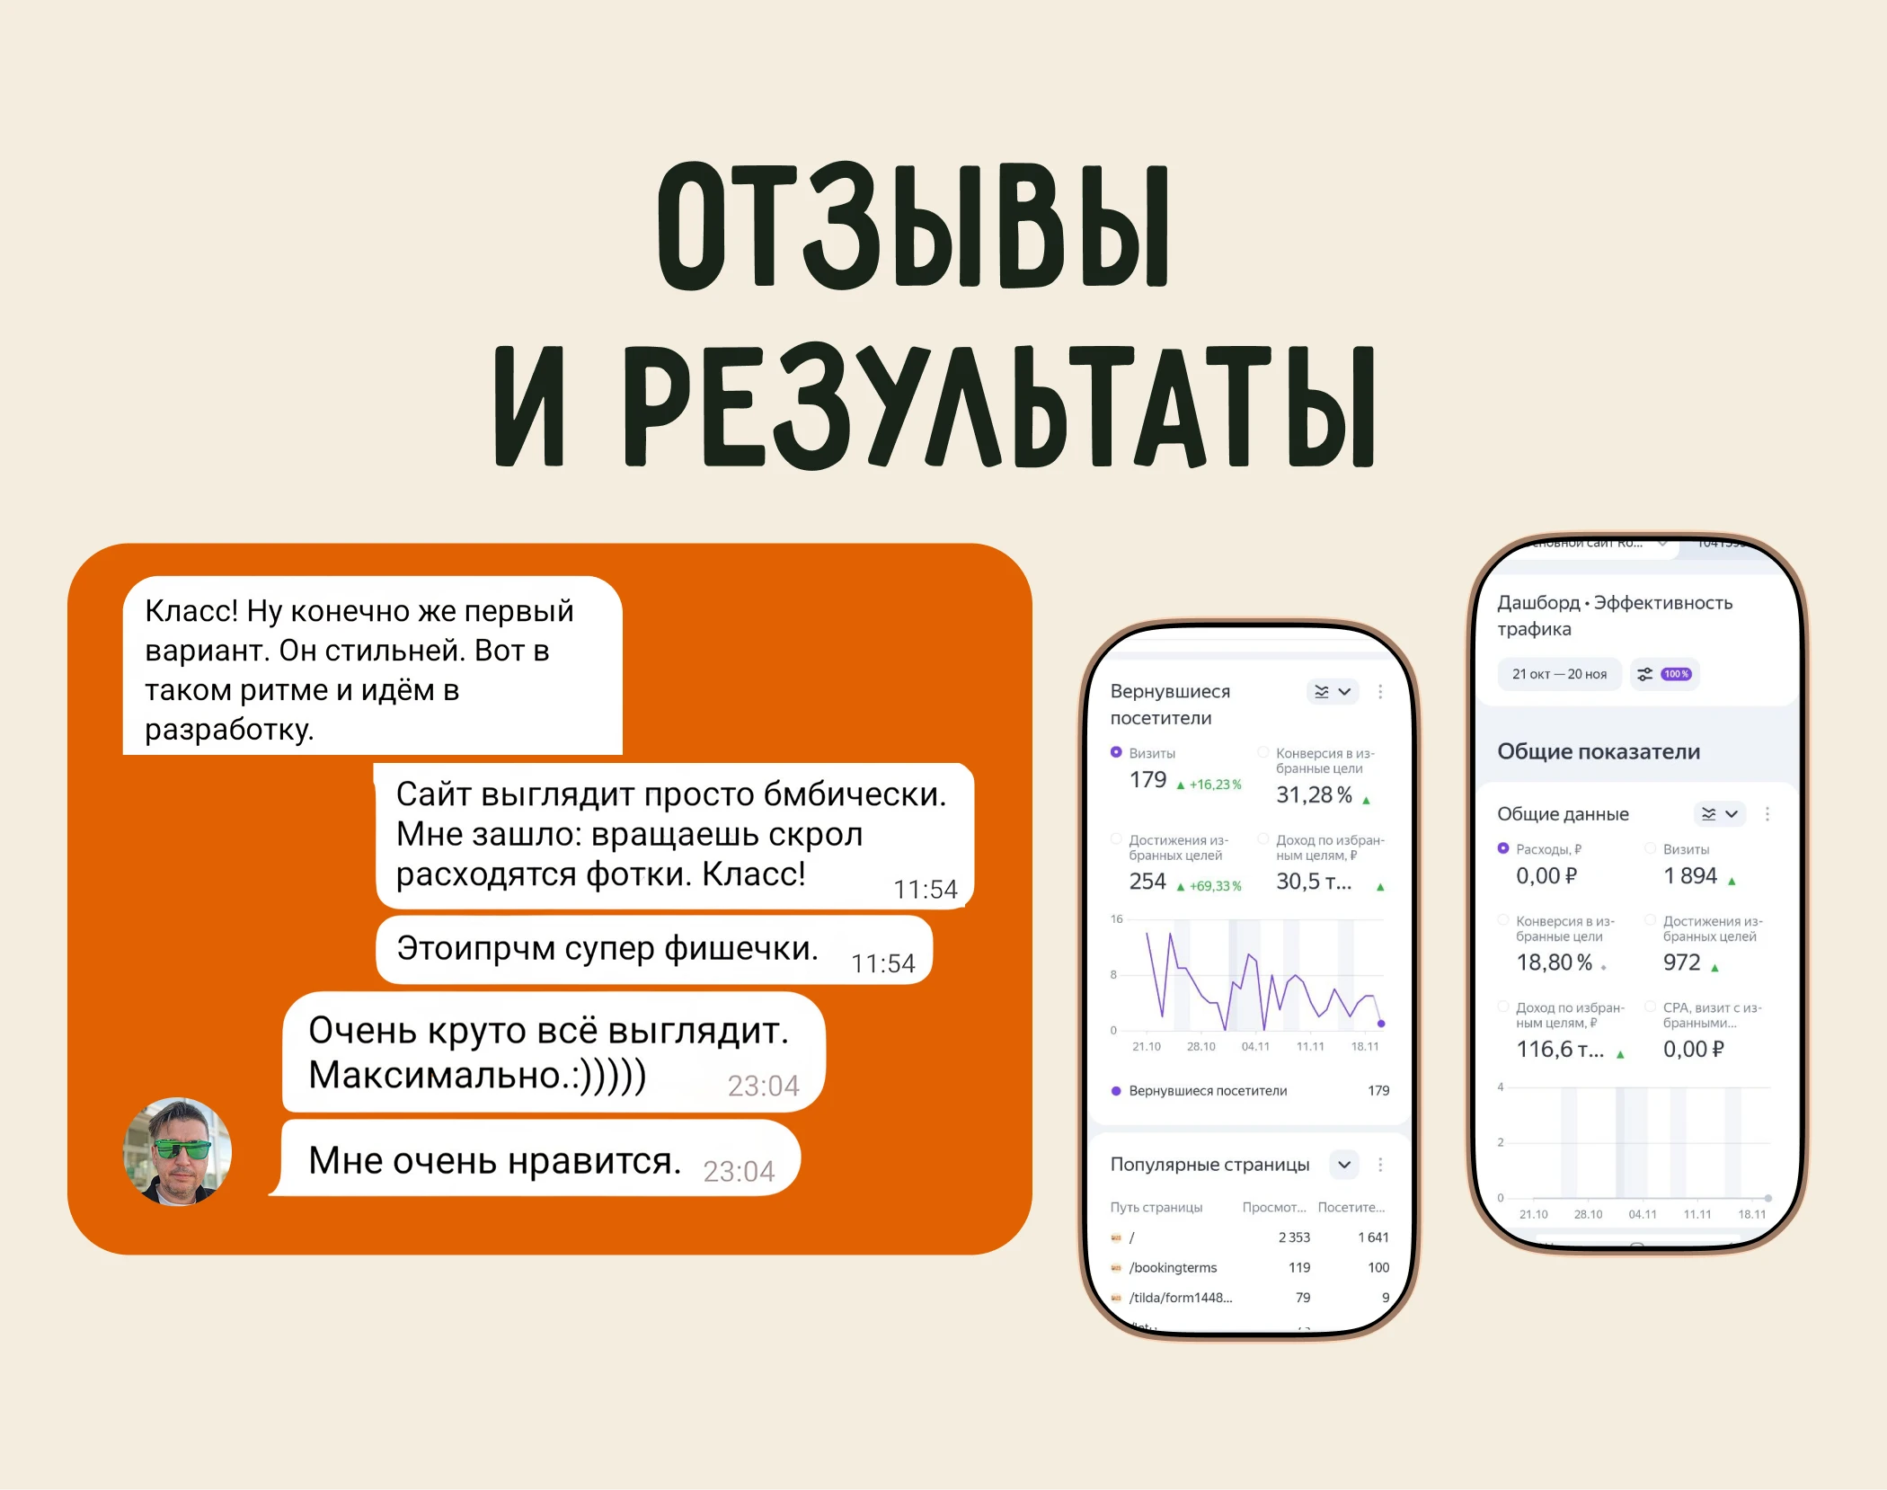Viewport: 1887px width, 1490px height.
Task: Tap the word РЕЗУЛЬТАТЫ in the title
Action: point(997,406)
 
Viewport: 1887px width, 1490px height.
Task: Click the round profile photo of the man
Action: point(178,1151)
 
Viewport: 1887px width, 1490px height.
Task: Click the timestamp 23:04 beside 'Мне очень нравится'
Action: point(738,1171)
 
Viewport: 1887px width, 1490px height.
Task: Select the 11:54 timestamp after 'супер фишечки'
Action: point(882,963)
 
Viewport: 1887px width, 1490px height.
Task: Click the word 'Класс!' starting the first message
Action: point(190,611)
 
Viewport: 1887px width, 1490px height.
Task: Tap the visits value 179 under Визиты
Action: point(1147,780)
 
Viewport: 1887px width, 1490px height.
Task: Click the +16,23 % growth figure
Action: point(1215,785)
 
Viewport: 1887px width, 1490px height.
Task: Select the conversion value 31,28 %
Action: point(1314,794)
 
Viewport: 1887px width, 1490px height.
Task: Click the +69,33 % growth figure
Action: point(1215,886)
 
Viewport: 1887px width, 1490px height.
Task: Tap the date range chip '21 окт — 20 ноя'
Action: point(1559,674)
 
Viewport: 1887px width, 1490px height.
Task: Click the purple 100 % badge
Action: point(1676,674)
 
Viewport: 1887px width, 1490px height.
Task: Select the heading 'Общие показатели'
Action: point(1599,751)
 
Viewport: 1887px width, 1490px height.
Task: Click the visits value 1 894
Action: point(1689,875)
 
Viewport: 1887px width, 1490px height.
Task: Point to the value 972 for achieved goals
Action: point(1681,962)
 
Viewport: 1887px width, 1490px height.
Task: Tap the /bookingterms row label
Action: point(1173,1267)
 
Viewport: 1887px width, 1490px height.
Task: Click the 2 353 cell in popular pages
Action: point(1294,1237)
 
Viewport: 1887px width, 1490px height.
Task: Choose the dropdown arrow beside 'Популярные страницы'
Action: point(1344,1165)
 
